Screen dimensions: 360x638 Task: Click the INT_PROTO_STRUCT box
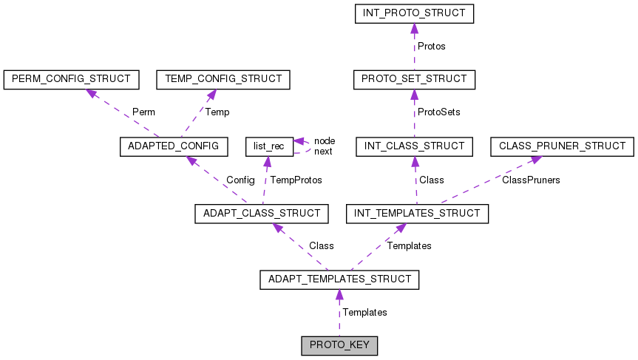413,13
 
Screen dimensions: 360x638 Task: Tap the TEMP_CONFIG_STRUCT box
223,78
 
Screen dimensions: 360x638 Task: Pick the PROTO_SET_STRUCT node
413,78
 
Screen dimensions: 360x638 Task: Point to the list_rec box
268,146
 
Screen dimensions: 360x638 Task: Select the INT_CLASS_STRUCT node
413,146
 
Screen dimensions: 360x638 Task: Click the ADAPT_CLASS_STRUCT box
261,214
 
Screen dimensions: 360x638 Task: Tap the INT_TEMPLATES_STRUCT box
417,214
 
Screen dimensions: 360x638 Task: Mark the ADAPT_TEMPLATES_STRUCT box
339,280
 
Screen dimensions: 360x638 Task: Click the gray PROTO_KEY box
339,346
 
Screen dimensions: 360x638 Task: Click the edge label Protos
432,46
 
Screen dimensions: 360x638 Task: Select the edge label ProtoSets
439,112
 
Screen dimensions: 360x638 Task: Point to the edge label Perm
143,112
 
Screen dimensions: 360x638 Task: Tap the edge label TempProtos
296,180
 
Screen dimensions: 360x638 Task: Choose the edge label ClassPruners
531,180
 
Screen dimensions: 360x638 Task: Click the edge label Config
240,180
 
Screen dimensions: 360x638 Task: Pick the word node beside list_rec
325,140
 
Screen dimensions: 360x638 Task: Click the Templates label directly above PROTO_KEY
364,313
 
